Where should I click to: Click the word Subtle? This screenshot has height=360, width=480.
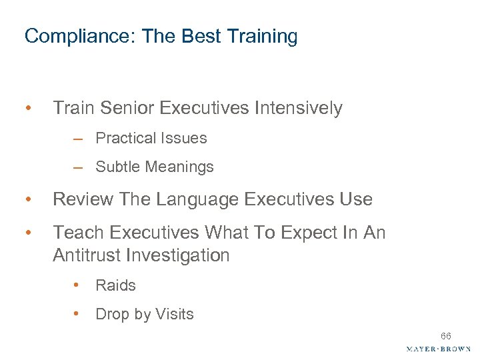point(117,167)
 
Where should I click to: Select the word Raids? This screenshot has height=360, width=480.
point(115,285)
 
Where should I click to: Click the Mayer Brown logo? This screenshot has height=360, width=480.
point(438,349)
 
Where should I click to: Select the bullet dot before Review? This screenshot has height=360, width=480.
point(28,199)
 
